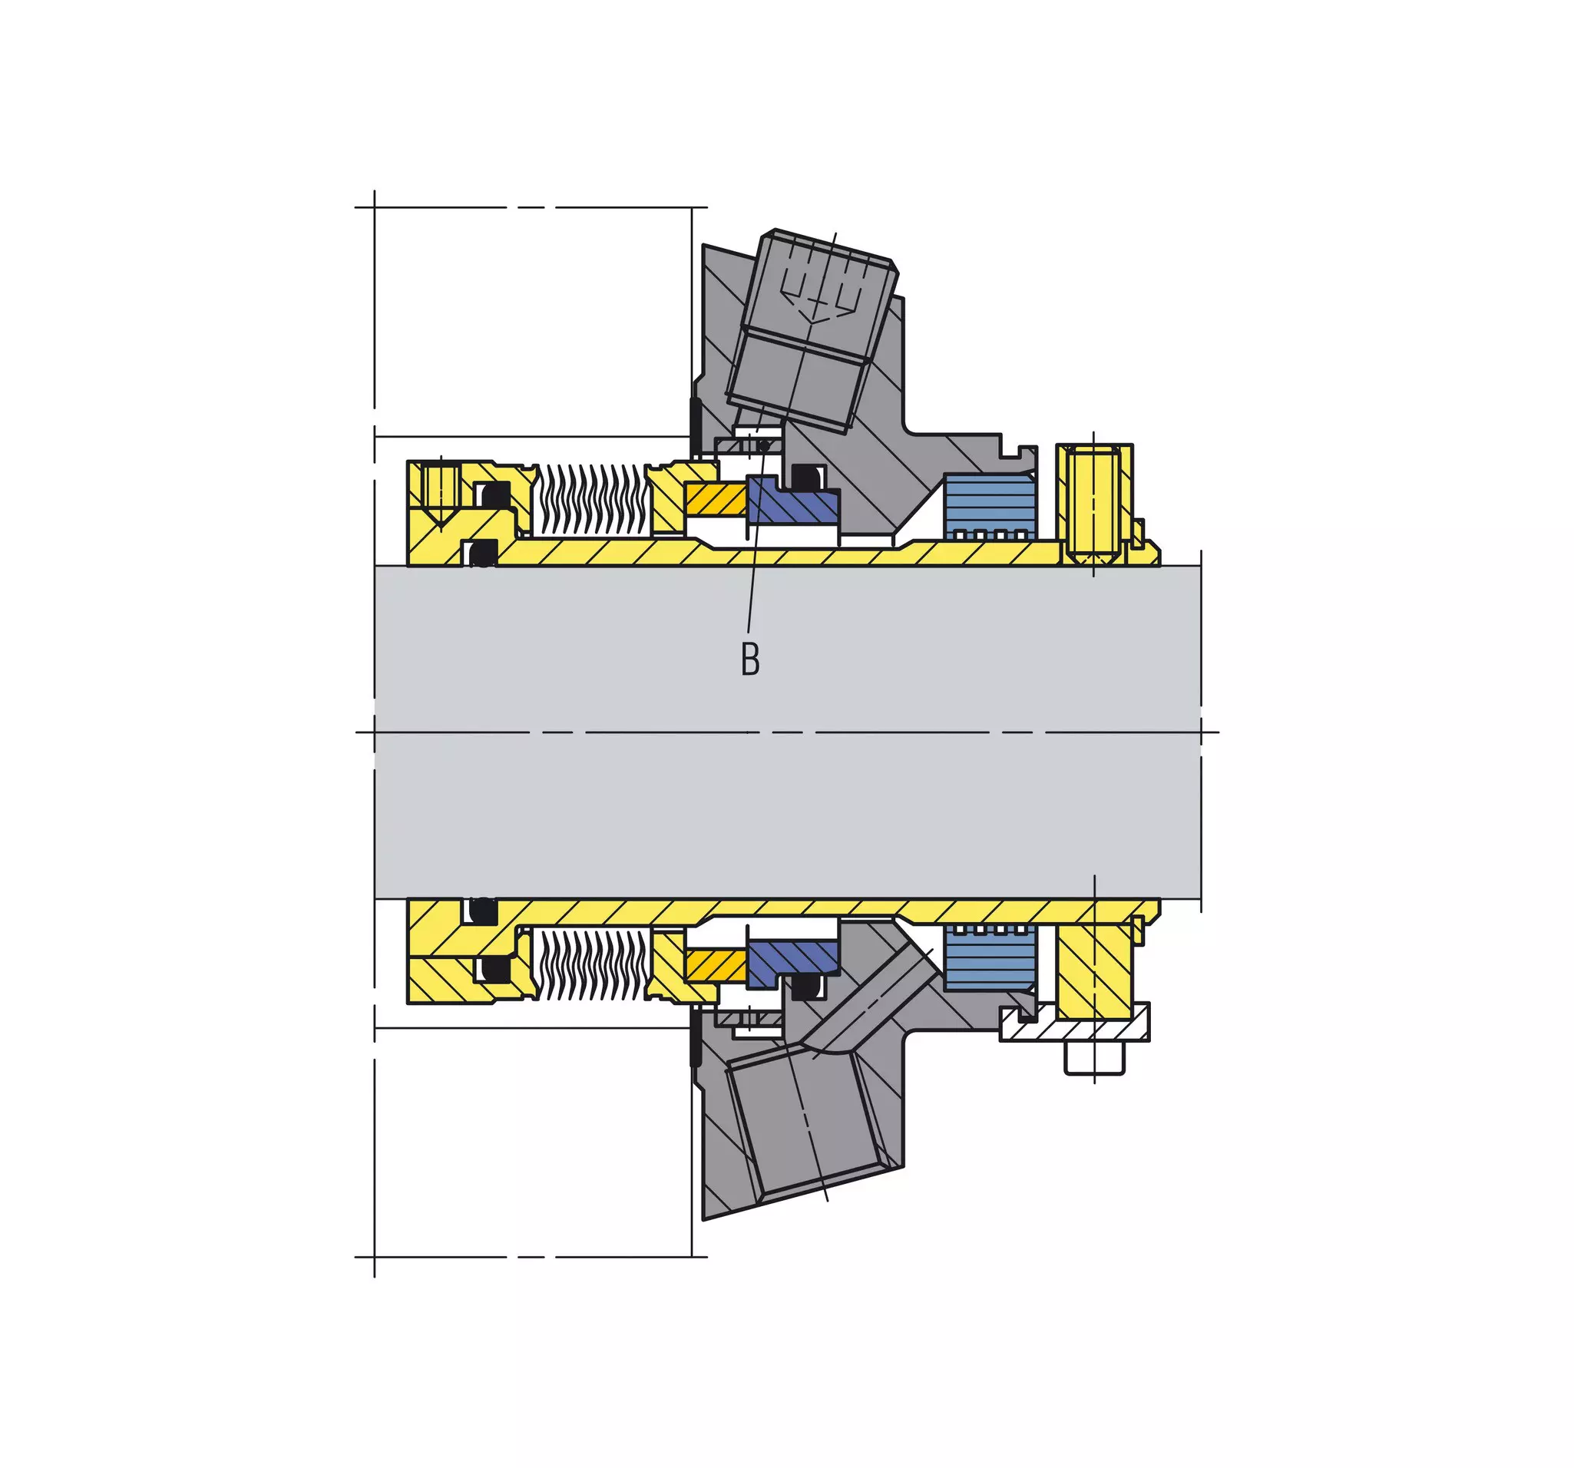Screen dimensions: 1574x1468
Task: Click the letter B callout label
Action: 750,658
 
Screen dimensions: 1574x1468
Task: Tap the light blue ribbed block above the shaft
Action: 990,508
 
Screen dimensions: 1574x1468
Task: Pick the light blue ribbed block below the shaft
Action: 990,957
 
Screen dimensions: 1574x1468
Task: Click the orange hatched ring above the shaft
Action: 716,500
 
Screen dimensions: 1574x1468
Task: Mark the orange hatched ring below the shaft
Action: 716,964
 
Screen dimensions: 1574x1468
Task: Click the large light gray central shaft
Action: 788,732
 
